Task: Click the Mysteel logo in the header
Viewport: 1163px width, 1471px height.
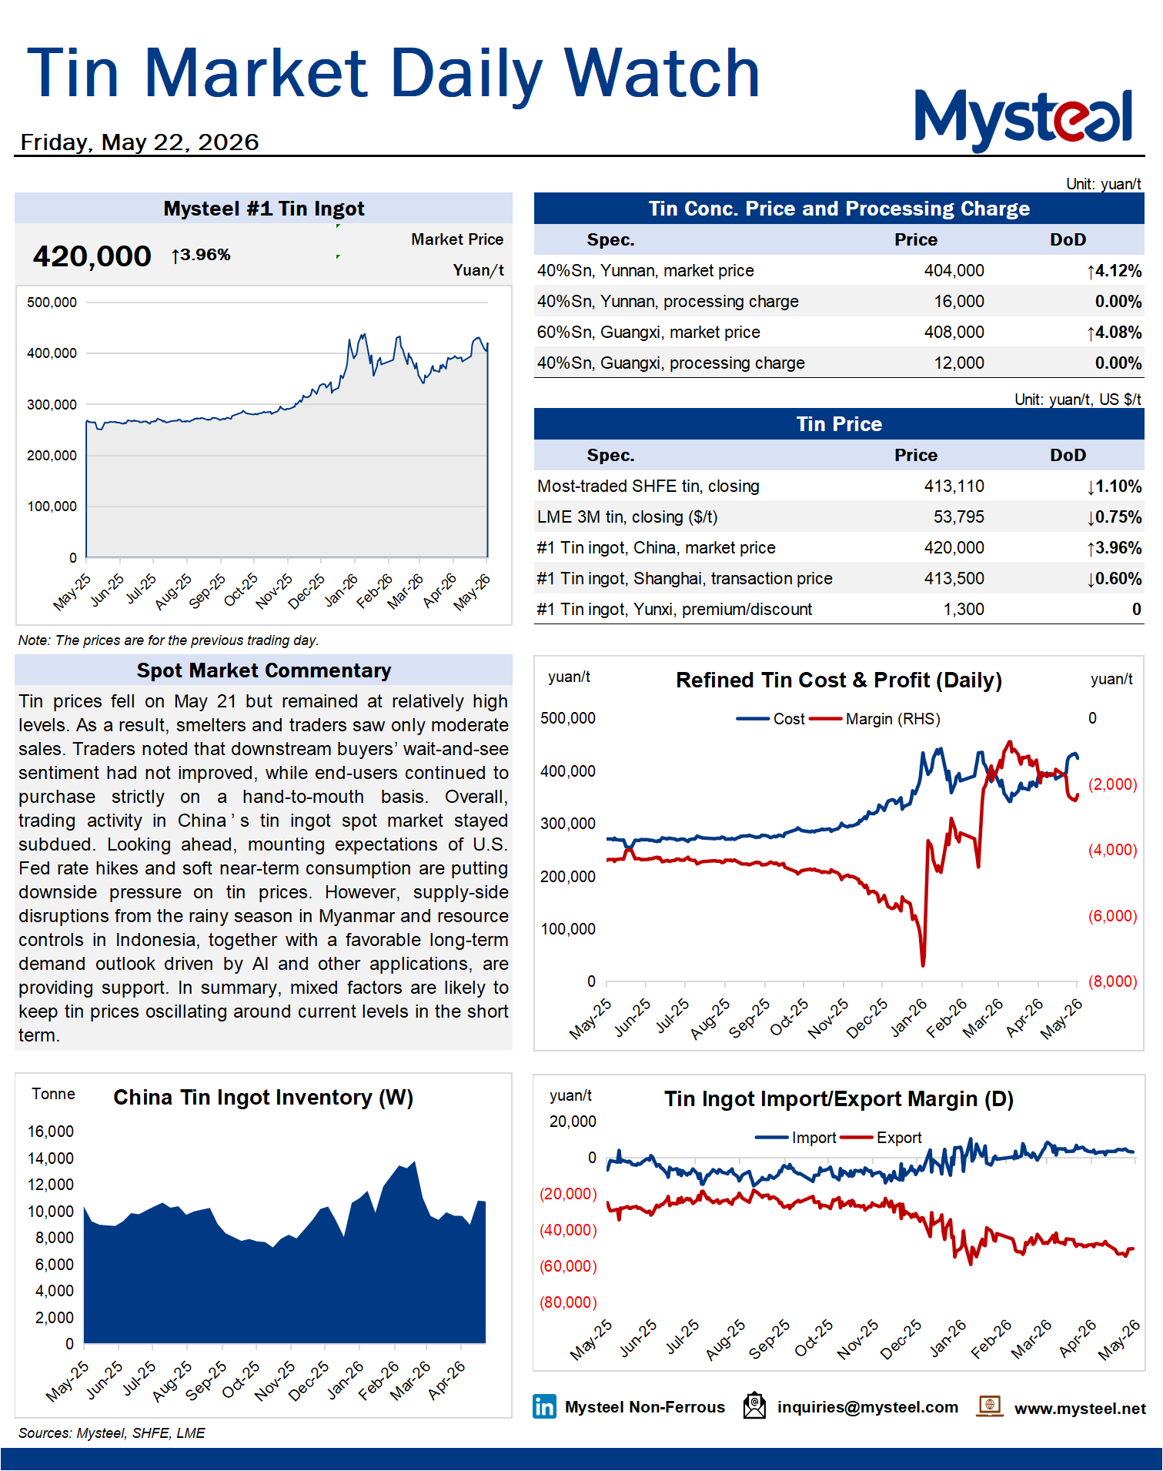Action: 1023,119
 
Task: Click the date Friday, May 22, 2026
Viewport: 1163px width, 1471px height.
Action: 139,142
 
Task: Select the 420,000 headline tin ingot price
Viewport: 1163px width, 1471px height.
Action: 92,256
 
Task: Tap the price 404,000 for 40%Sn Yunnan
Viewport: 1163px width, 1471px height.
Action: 954,271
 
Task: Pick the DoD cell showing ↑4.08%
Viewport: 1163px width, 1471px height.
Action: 1114,333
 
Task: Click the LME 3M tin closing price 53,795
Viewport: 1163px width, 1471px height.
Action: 958,517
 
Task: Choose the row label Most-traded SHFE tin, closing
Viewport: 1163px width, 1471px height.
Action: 648,486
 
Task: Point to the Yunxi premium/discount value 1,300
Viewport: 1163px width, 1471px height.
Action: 964,610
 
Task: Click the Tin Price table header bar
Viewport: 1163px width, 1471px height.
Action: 839,424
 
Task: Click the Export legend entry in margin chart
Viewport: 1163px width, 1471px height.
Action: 881,1138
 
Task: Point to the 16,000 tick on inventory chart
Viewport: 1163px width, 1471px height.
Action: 51,1132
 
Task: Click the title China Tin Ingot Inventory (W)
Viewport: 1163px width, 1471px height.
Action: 263,1098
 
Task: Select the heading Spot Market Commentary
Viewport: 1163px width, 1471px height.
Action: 264,670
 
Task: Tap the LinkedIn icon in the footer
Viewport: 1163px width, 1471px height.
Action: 544,1406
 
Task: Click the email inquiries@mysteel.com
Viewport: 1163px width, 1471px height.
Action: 867,1407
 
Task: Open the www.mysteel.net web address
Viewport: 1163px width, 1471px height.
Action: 1080,1409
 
